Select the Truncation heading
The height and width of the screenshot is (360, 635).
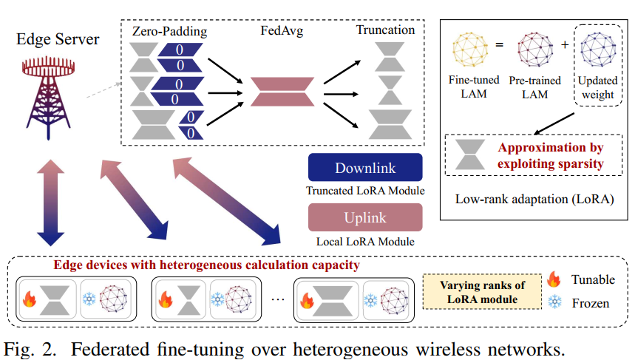coord(385,30)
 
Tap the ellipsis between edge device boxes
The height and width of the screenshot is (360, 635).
coord(277,297)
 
